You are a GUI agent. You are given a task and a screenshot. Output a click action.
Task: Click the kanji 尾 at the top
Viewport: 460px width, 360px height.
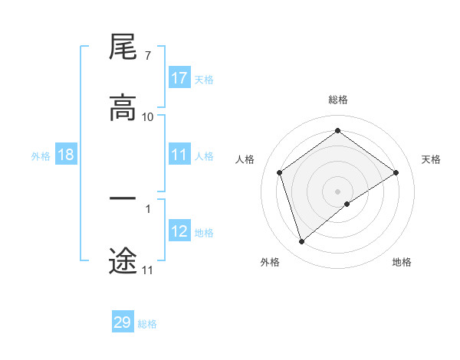point(123,47)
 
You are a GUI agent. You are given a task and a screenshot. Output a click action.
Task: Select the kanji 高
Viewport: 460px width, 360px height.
point(123,109)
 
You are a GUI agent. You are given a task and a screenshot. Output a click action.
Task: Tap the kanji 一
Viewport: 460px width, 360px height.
point(123,199)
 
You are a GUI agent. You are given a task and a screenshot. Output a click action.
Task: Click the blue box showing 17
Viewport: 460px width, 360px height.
point(179,78)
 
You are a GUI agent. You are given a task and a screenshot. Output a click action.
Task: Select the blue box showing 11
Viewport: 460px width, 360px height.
point(179,155)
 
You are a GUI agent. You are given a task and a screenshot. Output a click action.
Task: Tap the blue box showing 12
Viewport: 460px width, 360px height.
point(179,231)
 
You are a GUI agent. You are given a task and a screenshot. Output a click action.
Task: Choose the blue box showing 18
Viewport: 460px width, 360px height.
point(66,155)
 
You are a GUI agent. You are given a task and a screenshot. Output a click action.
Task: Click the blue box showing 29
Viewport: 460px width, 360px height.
point(123,322)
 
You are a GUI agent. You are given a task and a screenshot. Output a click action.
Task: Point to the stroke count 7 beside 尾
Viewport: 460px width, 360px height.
point(147,55)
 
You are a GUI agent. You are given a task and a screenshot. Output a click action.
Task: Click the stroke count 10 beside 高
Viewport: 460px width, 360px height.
point(148,116)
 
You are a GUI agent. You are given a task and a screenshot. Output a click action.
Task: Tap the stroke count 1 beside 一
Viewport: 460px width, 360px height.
point(147,207)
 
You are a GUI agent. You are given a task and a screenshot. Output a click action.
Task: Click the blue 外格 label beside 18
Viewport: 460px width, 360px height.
point(41,155)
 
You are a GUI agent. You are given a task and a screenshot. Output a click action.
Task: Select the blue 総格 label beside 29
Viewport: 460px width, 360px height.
point(147,324)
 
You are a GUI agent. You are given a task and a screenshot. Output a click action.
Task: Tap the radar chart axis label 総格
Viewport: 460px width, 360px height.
point(337,100)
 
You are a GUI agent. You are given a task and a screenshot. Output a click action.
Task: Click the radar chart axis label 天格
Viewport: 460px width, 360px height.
point(432,159)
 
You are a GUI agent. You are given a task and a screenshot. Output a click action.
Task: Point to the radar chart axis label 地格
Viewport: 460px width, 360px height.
point(402,262)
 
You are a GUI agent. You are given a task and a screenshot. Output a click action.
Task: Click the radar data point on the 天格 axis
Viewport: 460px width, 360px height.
point(396,172)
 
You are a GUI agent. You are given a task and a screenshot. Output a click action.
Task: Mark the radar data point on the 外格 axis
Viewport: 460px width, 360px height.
point(301,242)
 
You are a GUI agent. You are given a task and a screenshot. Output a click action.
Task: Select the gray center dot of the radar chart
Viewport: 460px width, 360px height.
point(337,191)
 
